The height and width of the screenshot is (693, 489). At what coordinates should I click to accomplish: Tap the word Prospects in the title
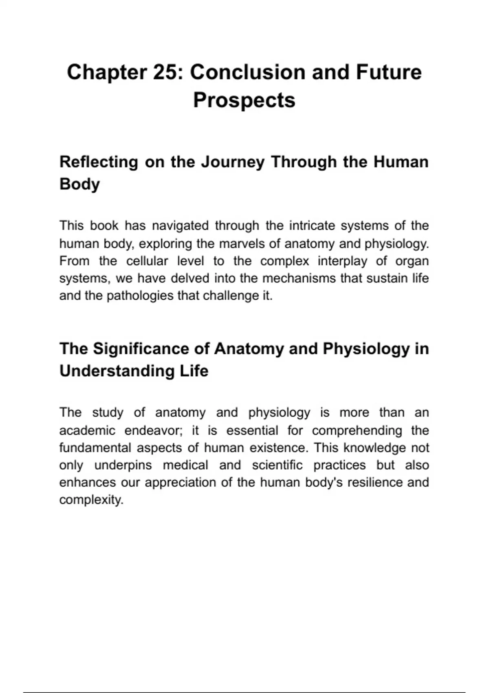244,100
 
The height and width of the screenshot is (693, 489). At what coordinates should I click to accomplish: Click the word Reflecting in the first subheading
99,162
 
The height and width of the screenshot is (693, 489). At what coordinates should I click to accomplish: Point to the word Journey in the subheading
233,162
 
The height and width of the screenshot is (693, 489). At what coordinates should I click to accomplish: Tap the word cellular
147,261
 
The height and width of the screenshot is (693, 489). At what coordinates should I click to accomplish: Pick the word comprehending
357,430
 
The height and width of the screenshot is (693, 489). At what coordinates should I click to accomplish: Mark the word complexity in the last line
90,500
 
